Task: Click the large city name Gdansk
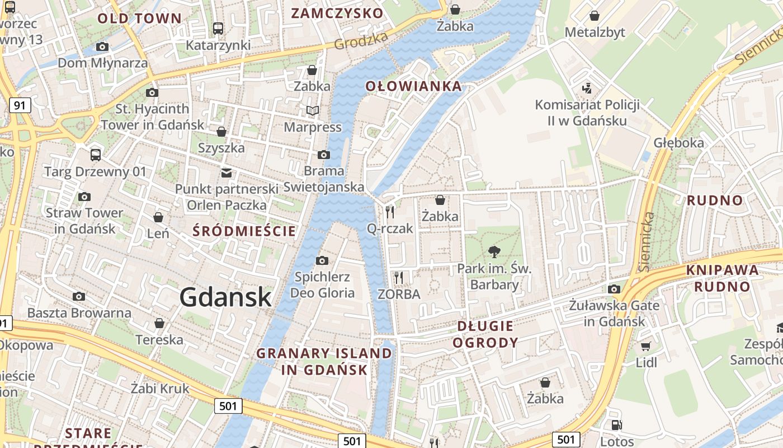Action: point(225,297)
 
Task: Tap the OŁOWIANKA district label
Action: point(414,86)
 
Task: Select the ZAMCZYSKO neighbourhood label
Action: point(337,13)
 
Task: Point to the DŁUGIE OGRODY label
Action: point(485,334)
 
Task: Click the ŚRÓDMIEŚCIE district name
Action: point(244,231)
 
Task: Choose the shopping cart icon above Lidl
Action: point(646,347)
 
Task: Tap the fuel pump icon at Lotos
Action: point(616,426)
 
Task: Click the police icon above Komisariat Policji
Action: point(587,88)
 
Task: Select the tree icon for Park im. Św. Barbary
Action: point(494,252)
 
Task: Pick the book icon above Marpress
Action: point(312,111)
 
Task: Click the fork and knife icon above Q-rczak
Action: point(390,212)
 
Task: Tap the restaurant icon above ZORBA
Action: point(399,277)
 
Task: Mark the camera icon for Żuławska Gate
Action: point(614,289)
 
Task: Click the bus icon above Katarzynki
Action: point(218,28)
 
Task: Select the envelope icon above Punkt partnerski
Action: point(227,172)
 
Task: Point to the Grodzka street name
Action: point(361,40)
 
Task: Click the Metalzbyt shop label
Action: point(595,32)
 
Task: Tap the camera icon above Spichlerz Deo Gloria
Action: point(322,260)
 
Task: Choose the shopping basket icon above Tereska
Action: point(159,323)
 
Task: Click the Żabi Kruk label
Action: point(160,388)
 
